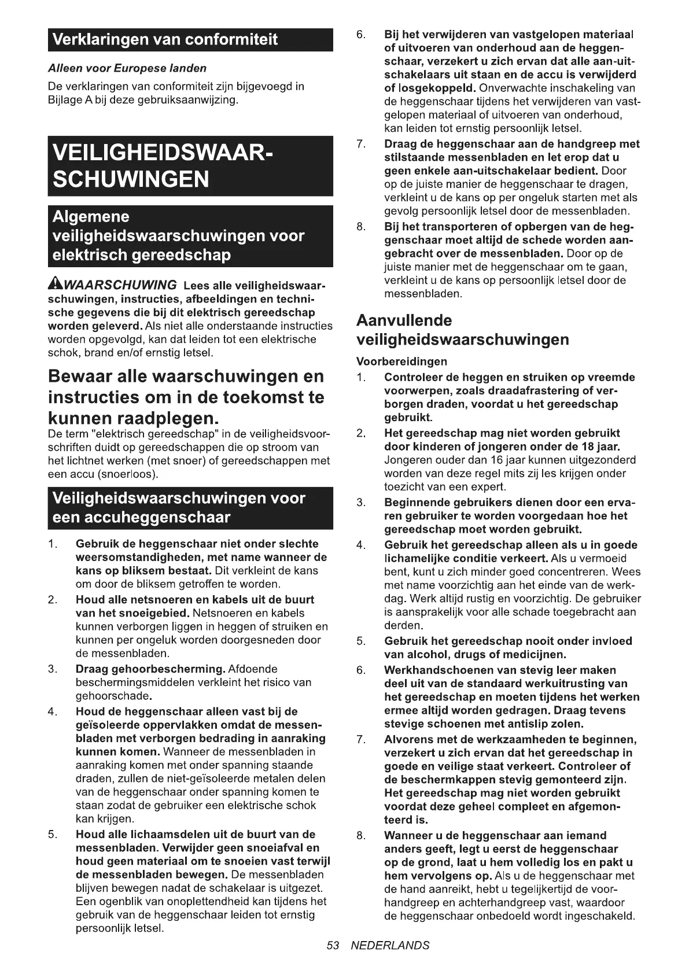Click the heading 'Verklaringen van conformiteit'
pyautogui.click(x=165, y=40)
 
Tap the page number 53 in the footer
pyautogui.click(x=332, y=945)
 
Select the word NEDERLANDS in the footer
pyautogui.click(x=390, y=945)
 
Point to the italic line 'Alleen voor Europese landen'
pyautogui.click(x=127, y=68)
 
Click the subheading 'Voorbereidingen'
pyautogui.click(x=401, y=361)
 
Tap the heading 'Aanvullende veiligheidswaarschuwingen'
pyautogui.click(x=462, y=330)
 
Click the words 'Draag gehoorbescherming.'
pyautogui.click(x=150, y=669)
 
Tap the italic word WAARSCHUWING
pyautogui.click(x=121, y=285)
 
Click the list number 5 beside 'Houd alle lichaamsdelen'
pyautogui.click(x=51, y=834)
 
